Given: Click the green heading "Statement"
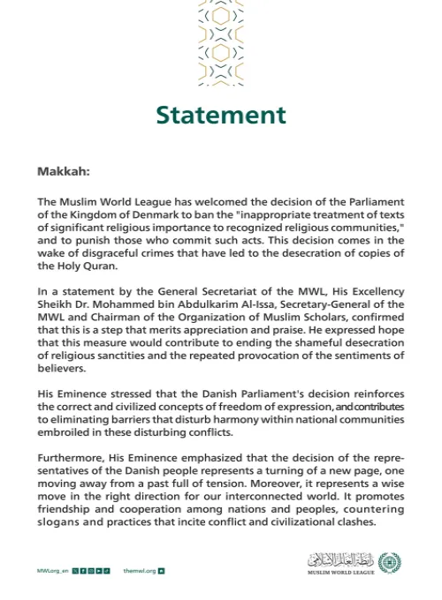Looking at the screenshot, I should tap(221, 116).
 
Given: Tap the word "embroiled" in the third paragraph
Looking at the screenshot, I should tap(66, 433).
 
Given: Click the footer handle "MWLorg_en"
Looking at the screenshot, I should tap(52, 571).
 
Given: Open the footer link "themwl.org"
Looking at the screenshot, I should tap(140, 571).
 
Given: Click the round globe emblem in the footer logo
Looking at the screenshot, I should tap(389, 560).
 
